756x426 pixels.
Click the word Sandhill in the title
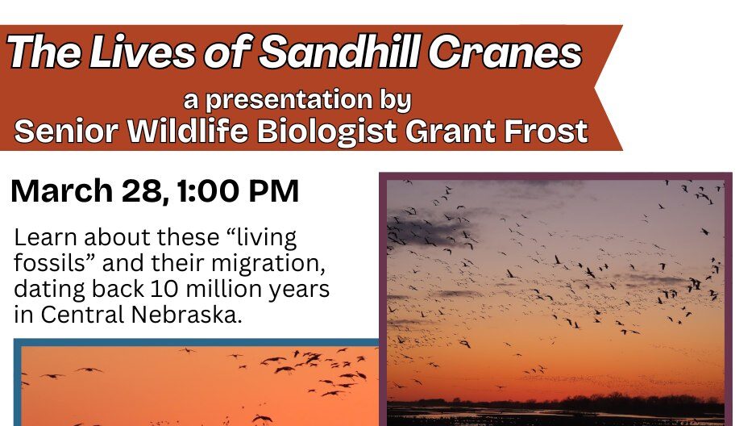340,51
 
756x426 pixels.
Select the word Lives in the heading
143,52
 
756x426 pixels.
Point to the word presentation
289,100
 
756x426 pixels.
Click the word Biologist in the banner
327,132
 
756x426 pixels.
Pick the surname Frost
546,132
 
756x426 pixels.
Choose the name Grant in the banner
451,132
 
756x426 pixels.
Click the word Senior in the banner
67,132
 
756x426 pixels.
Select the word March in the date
62,190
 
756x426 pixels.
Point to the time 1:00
208,190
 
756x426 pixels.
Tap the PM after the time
273,190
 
